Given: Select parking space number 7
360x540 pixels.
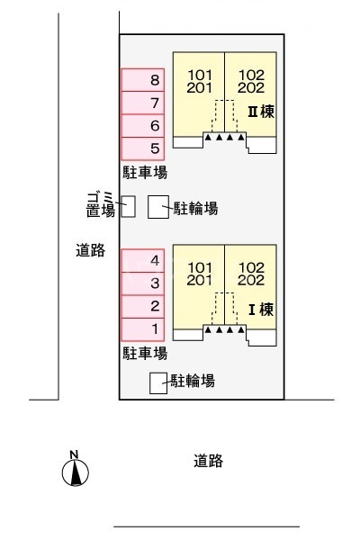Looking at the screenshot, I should click(x=144, y=103).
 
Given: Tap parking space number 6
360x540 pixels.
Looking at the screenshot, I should click(x=144, y=126).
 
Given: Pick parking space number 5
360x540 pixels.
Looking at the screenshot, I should click(x=144, y=148).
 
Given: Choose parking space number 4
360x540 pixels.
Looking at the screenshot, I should click(x=144, y=261).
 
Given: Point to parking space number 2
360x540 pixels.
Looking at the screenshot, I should click(x=144, y=307).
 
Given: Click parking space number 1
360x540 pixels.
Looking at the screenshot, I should click(x=144, y=329).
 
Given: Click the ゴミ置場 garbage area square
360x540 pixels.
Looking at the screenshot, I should click(x=128, y=207).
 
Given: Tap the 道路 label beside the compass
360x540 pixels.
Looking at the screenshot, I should click(x=208, y=461).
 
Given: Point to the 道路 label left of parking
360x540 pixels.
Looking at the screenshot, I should click(x=89, y=252).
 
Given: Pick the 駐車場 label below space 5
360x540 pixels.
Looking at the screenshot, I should click(x=145, y=172).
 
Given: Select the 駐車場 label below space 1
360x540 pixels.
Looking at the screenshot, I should click(x=145, y=353).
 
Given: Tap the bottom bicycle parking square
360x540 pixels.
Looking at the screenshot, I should click(x=158, y=382).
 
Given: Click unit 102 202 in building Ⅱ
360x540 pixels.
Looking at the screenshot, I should click(x=251, y=82).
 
